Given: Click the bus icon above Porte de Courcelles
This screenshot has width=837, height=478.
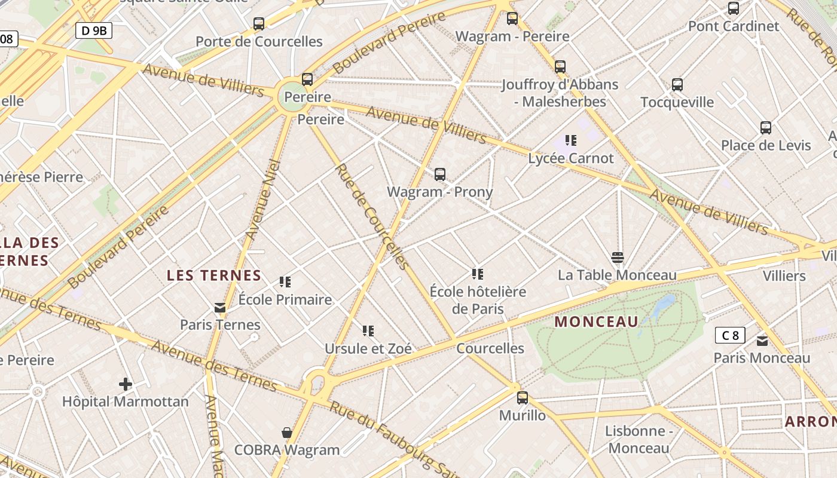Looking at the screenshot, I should [x=258, y=24].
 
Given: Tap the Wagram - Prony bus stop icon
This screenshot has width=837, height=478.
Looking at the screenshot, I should [x=440, y=174].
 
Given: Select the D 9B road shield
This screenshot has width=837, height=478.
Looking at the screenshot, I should [x=94, y=30].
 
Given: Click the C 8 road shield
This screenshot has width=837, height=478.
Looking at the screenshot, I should [x=730, y=335].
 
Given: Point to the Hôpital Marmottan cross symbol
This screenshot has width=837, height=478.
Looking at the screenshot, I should [x=126, y=384].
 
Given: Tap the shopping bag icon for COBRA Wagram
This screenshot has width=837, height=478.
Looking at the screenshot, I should [x=287, y=432].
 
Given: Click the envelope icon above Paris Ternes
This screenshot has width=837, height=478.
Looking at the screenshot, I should [x=220, y=308].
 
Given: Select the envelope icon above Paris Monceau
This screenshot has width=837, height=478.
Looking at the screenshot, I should [x=762, y=341].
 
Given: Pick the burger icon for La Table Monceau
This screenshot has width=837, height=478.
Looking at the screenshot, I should [x=618, y=258].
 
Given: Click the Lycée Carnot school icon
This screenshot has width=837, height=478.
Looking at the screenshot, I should [x=571, y=140].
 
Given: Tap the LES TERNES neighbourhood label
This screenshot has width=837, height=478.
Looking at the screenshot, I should [x=214, y=275].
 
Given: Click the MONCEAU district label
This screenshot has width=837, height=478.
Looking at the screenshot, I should [x=597, y=322].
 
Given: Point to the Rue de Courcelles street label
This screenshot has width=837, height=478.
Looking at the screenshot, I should [x=372, y=216].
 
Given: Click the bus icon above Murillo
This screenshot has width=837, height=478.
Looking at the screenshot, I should [x=523, y=398].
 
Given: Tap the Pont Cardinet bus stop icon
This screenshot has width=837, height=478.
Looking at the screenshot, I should [x=734, y=8].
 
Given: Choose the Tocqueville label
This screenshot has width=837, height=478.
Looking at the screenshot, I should [x=677, y=102].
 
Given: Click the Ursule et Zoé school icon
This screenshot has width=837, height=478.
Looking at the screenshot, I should [x=368, y=330].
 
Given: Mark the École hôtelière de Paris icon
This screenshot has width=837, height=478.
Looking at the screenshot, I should [x=477, y=274].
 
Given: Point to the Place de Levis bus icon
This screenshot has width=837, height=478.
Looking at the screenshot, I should [x=766, y=128].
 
